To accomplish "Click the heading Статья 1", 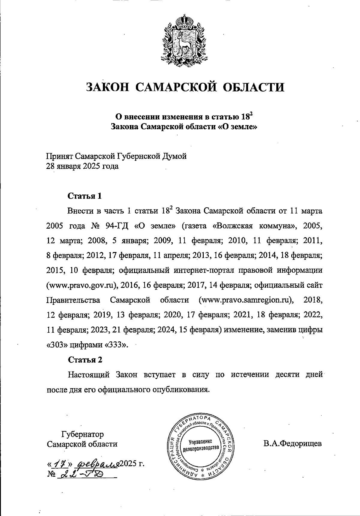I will [x=85, y=196].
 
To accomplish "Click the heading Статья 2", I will [x=85, y=359].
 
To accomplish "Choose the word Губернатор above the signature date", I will [x=82, y=434].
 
